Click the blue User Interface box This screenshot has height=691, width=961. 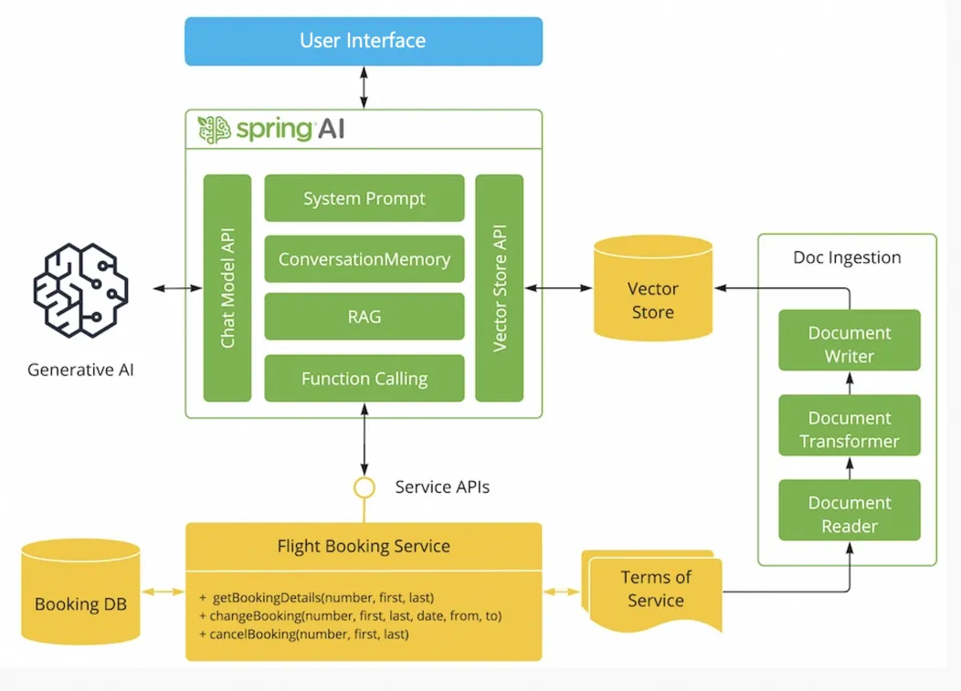click(364, 41)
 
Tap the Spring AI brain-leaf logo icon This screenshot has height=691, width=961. click(215, 130)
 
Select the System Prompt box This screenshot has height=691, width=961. click(364, 198)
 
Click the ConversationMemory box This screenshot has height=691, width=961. click(364, 258)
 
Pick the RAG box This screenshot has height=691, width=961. click(364, 317)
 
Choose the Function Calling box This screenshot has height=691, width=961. click(364, 378)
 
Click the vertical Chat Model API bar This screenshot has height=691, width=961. click(227, 288)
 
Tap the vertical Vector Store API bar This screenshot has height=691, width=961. click(500, 288)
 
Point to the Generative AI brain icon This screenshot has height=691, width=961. click(81, 291)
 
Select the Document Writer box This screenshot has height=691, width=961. click(850, 344)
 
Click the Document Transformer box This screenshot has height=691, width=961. click(850, 429)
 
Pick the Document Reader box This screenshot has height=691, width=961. click(850, 514)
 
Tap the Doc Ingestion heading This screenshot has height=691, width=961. click(847, 257)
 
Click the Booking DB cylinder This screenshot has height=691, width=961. click(80, 593)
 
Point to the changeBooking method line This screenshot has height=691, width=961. click(350, 615)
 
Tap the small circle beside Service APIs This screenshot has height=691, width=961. click(364, 487)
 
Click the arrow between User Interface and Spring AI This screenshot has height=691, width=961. click(364, 88)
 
